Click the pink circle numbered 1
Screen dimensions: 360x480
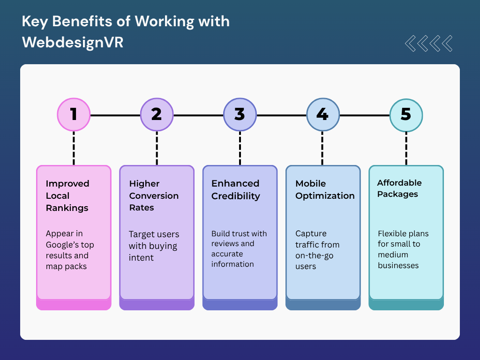pos(74,115)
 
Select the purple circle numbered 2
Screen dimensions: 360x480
pos(157,115)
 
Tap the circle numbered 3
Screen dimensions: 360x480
pos(240,115)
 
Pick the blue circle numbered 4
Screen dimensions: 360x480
pos(322,115)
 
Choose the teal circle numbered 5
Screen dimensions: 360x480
pos(406,115)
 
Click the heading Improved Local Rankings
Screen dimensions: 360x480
pos(67,195)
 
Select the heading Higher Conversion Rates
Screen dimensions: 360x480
pos(154,195)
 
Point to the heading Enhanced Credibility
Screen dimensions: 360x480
pos(235,189)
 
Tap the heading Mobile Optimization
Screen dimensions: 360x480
pos(325,189)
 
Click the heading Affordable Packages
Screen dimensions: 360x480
pos(399,188)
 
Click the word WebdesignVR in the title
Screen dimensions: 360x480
pos(73,42)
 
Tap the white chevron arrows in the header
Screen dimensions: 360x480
pos(428,43)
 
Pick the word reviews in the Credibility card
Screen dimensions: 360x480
pos(226,244)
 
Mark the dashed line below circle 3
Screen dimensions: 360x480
pos(240,148)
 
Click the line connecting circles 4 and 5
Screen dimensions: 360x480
pos(364,115)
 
